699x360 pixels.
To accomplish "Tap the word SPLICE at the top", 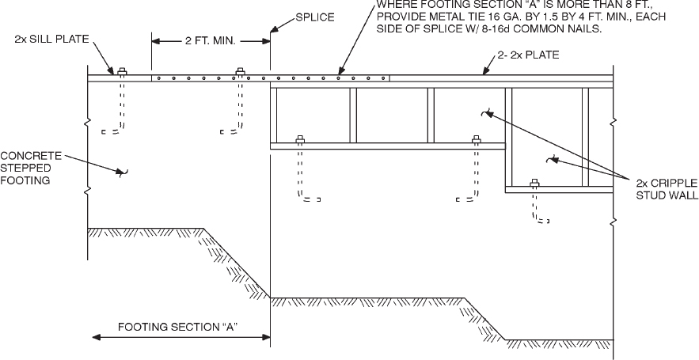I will (313, 17).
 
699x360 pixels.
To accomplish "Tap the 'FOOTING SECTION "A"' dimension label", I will (179, 326).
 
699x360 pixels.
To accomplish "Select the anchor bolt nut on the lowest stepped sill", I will (534, 184).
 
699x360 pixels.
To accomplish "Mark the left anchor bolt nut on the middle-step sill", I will (300, 141).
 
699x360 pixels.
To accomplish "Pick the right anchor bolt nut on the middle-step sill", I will (477, 141).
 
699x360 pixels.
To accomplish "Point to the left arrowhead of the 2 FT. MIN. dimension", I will (156, 39).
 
